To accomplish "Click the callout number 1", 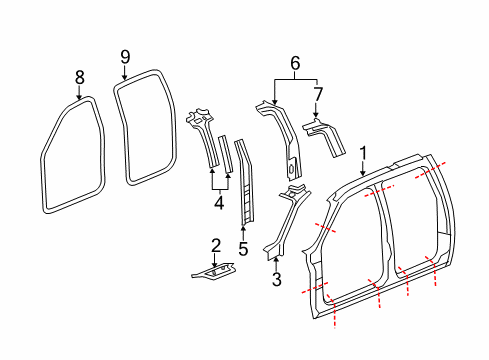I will (364, 152).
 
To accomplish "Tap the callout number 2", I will (215, 245).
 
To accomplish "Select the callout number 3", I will (276, 281).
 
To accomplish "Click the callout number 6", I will (295, 62).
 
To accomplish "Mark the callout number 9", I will (125, 56).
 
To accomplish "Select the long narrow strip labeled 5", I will (243, 185).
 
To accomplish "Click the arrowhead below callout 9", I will (125, 78).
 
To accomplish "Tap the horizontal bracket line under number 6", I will (295, 80).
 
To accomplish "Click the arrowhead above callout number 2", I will (215, 262).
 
